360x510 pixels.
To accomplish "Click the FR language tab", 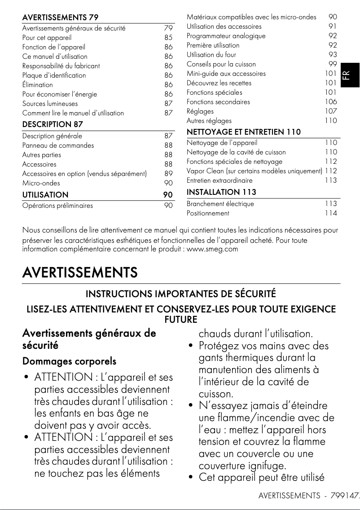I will pyautogui.click(x=351, y=75).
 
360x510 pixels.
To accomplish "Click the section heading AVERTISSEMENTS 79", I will pyautogui.click(x=60, y=18).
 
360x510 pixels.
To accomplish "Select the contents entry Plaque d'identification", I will pyautogui.click(x=54, y=75).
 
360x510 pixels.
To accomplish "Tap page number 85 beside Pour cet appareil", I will pyautogui.click(x=168, y=38).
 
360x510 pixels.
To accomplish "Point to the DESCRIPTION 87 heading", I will pyautogui.click(x=53, y=124).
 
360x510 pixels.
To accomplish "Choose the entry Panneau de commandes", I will pyautogui.click(x=58, y=145).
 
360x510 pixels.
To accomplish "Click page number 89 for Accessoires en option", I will pyautogui.click(x=168, y=174).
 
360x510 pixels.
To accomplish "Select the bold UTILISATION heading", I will pyautogui.click(x=45, y=195).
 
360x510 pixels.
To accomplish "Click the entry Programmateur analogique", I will pyautogui.click(x=226, y=36).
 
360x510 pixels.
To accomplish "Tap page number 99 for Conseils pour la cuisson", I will pyautogui.click(x=332, y=64).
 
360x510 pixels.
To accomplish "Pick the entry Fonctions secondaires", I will pyautogui.click(x=218, y=102).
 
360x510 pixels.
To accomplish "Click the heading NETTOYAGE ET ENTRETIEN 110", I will pyautogui.click(x=243, y=132).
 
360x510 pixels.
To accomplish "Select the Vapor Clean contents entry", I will pyautogui.click(x=254, y=171).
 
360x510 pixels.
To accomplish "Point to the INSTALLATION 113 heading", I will pyautogui.click(x=221, y=192).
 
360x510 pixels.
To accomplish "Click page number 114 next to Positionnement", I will pyautogui.click(x=331, y=213).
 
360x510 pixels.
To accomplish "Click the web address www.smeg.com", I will pyautogui.click(x=212, y=249).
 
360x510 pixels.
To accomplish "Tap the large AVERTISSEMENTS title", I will pyautogui.click(x=80, y=273).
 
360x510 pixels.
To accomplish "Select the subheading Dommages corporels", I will pyautogui.click(x=69, y=361).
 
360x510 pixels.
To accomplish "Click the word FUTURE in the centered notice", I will pyautogui.click(x=181, y=320).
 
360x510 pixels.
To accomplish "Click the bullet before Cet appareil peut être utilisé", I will pyautogui.click(x=191, y=478).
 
